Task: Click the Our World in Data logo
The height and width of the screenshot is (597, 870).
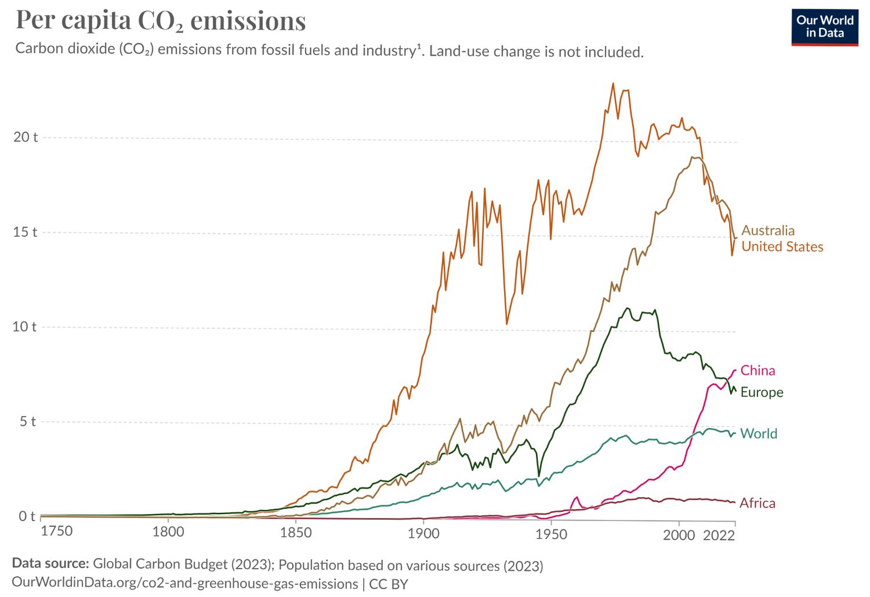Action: (824, 27)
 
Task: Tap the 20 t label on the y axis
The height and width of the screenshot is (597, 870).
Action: (26, 137)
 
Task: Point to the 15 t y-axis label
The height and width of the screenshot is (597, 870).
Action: (25, 232)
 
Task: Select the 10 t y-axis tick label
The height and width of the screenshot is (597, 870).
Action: (24, 327)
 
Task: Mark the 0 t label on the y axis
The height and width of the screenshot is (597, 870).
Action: (27, 516)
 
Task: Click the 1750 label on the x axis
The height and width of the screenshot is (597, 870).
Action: (56, 531)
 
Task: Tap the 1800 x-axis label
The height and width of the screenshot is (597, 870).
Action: (168, 531)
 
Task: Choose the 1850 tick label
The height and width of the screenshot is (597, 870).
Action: (296, 533)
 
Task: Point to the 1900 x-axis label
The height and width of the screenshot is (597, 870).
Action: (423, 533)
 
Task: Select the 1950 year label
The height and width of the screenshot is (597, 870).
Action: (551, 534)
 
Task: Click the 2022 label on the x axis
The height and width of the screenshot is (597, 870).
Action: (719, 535)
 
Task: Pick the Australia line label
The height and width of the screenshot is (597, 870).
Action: (768, 230)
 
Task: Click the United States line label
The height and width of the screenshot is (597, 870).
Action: (782, 247)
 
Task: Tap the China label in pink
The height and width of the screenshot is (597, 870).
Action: (757, 370)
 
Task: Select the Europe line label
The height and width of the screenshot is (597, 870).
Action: (762, 392)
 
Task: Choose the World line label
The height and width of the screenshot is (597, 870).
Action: (759, 433)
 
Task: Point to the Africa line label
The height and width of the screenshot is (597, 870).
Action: (757, 503)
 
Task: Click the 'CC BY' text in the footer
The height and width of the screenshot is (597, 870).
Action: (389, 584)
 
